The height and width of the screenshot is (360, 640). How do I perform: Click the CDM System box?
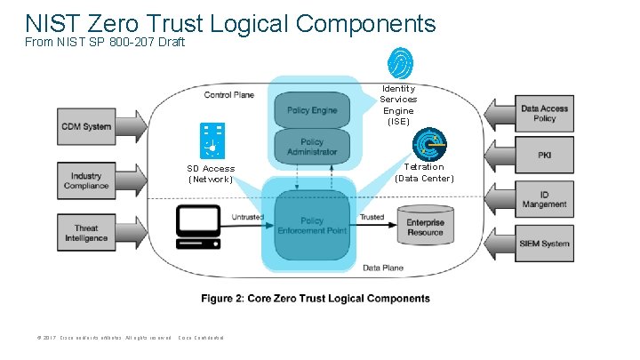click(86, 126)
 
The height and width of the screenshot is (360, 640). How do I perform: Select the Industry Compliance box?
click(86, 180)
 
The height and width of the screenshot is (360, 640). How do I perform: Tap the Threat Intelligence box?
click(86, 233)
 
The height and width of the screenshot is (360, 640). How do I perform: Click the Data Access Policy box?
click(544, 114)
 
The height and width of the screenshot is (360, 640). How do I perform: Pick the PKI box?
click(544, 156)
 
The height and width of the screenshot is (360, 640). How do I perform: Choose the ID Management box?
click(544, 197)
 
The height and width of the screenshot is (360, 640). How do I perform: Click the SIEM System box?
click(544, 244)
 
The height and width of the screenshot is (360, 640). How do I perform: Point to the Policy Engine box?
click(311, 110)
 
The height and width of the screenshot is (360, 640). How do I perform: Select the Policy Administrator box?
click(312, 147)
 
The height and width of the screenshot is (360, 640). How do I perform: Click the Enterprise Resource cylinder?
click(425, 227)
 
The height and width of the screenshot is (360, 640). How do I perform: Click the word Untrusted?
click(246, 217)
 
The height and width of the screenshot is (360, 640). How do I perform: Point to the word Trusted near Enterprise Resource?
click(372, 217)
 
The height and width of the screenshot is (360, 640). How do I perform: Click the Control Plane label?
click(230, 94)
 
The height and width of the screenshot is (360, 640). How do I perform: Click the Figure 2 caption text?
click(315, 299)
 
